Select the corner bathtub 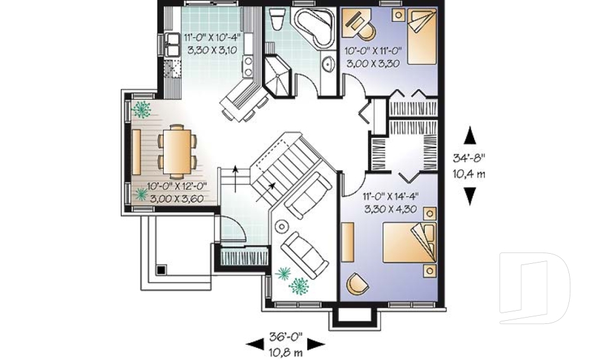coord(315,28)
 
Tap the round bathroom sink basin coord(328,63)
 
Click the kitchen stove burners coord(248,64)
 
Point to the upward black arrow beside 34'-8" coord(470,135)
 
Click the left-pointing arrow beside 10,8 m coord(255,344)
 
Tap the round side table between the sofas coord(282,225)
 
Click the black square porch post coord(161,269)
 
